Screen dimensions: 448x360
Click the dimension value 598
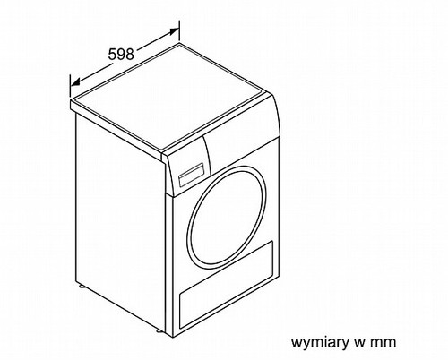(x=121, y=55)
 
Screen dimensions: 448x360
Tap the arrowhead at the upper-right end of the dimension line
(x=174, y=31)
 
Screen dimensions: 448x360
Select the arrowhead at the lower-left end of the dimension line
(x=76, y=82)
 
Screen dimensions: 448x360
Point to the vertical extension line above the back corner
(x=179, y=30)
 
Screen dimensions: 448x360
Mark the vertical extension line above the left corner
(x=71, y=86)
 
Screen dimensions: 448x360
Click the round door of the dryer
(x=226, y=219)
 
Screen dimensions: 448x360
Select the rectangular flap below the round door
(x=226, y=284)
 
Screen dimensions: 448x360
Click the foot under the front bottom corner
(x=159, y=330)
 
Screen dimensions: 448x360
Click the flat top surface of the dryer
(x=170, y=97)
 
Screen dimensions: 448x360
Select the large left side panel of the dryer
(x=119, y=222)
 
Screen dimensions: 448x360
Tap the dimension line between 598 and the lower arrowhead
(x=92, y=73)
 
